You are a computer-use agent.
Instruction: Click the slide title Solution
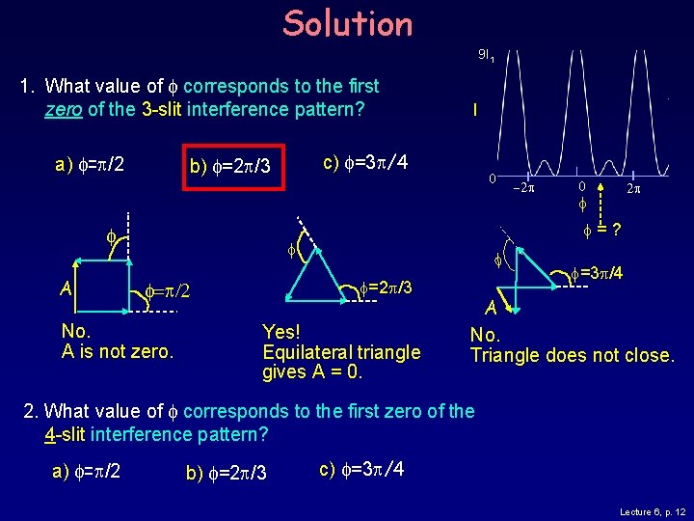(x=347, y=23)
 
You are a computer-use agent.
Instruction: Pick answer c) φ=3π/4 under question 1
(x=362, y=160)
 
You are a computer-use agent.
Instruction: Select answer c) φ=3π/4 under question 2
(x=360, y=469)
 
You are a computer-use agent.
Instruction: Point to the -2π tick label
(x=522, y=187)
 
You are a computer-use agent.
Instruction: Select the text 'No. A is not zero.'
(x=117, y=342)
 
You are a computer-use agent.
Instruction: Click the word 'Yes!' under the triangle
(x=281, y=331)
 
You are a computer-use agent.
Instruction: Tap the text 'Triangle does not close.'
(x=573, y=355)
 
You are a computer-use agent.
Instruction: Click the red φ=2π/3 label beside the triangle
(x=385, y=287)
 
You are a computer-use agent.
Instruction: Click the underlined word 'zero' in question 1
(x=64, y=109)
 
